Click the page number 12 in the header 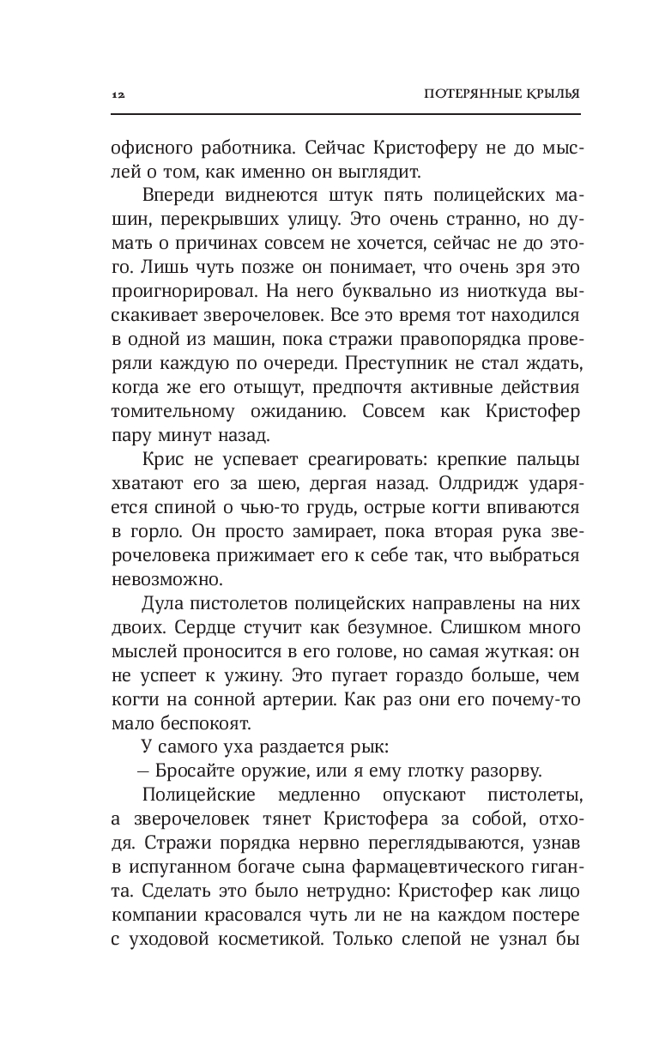coord(118,94)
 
